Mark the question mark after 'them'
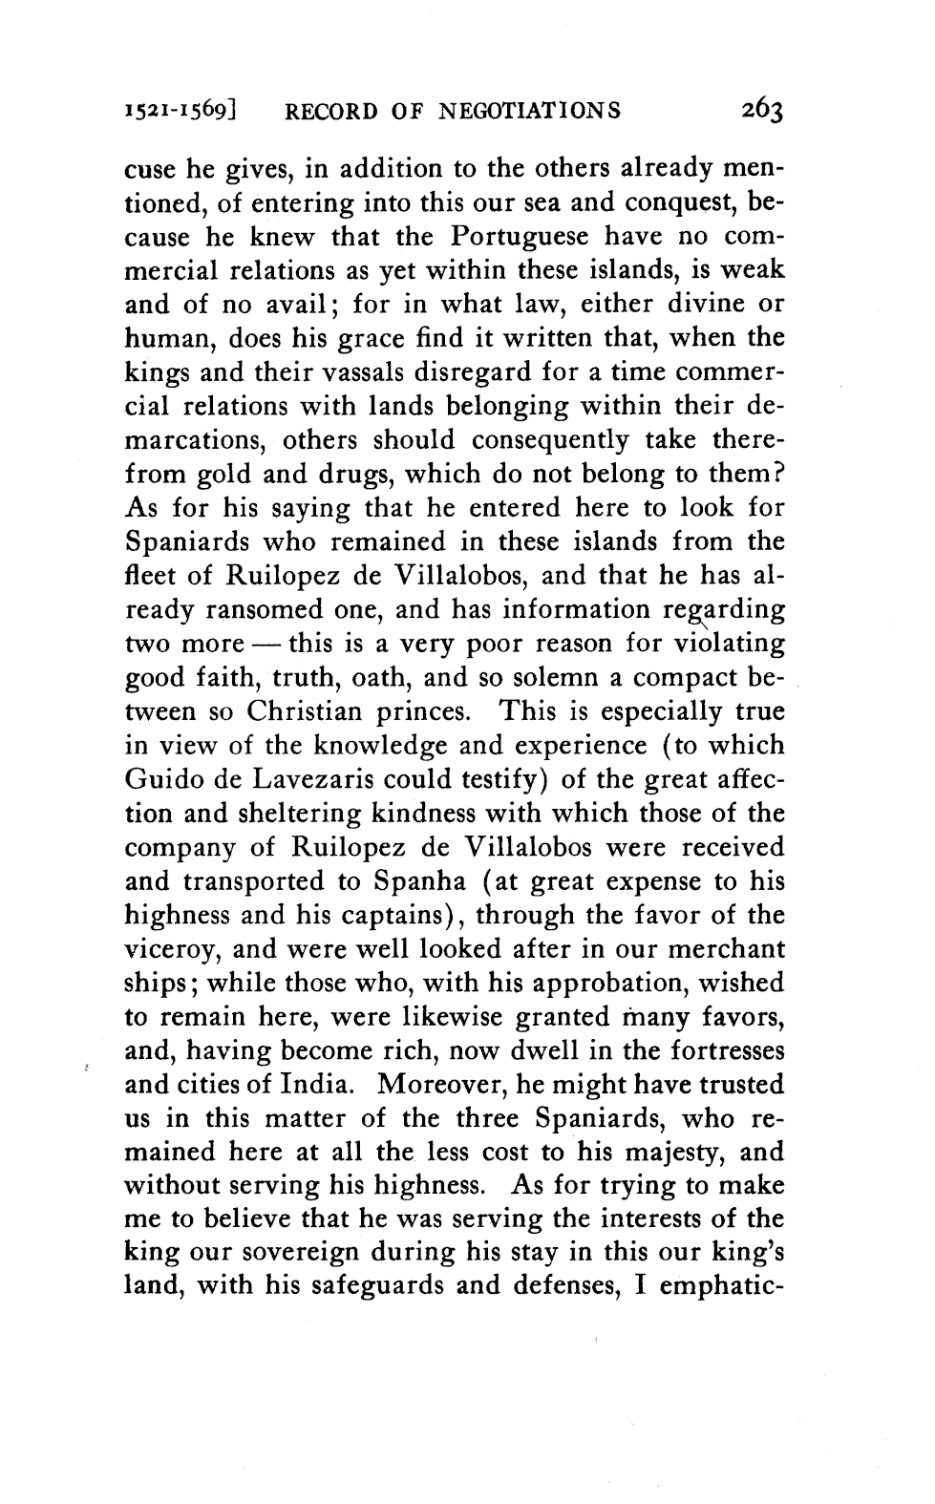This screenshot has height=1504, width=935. tap(778, 474)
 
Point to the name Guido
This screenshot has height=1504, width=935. tap(163, 780)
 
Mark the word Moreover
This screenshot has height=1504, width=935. tap(446, 1086)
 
